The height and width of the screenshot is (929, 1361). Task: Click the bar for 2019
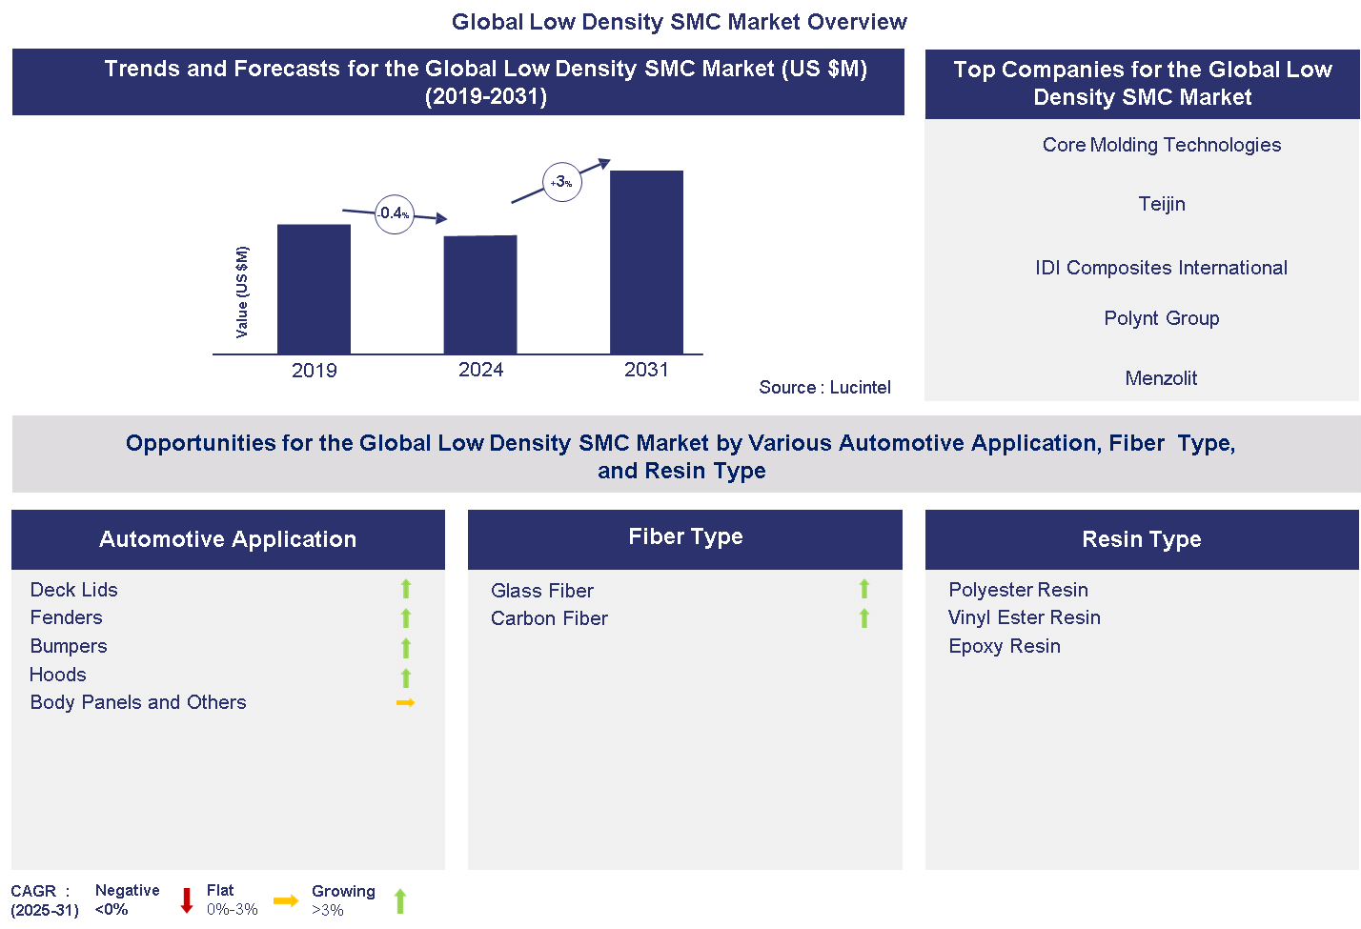point(314,289)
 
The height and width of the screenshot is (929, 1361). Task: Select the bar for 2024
point(480,294)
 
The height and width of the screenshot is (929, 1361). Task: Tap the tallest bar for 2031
point(646,262)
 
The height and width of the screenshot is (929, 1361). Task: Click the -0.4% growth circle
point(394,213)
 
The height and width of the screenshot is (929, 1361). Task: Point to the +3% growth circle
point(561,182)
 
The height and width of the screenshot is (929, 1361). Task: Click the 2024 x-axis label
point(480,370)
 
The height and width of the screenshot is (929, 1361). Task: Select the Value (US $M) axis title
point(242,292)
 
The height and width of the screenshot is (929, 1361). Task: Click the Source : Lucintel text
point(824,387)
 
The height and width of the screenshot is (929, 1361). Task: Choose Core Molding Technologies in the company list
point(1161,145)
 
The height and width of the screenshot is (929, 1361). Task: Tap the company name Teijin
point(1161,204)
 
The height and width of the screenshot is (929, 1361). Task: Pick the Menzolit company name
point(1161,378)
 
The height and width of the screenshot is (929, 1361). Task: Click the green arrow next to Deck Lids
point(406,589)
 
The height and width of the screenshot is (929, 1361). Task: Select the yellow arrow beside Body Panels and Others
point(405,703)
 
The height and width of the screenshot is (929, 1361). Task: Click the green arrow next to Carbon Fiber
point(864,618)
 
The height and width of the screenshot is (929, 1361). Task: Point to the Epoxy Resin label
point(1004,646)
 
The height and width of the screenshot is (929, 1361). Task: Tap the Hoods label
point(58,675)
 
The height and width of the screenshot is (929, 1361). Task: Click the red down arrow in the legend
point(187,900)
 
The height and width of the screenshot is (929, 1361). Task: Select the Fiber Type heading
point(685,536)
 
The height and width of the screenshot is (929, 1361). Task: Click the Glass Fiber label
point(541,591)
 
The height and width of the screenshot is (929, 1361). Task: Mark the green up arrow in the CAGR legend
point(400,900)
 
